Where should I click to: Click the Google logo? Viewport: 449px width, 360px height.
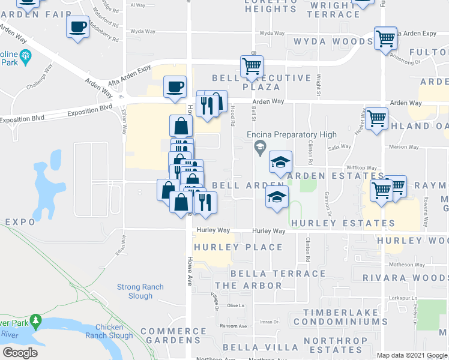pyautogui.click(x=20, y=353)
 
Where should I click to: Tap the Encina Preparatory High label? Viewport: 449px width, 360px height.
pyautogui.click(x=294, y=134)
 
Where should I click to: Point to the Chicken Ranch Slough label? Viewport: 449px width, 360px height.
pyautogui.click(x=109, y=331)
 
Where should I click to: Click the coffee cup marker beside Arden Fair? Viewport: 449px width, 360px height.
pyautogui.click(x=78, y=28)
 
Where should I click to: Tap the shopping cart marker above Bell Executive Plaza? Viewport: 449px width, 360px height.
pyautogui.click(x=252, y=66)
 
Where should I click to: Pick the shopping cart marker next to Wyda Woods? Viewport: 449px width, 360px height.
pyautogui.click(x=385, y=38)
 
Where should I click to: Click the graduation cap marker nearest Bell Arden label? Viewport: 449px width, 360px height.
pyautogui.click(x=277, y=197)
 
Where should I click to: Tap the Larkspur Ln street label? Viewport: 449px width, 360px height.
pyautogui.click(x=403, y=298)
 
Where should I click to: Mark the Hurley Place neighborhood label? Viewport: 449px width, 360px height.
pyautogui.click(x=238, y=247)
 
